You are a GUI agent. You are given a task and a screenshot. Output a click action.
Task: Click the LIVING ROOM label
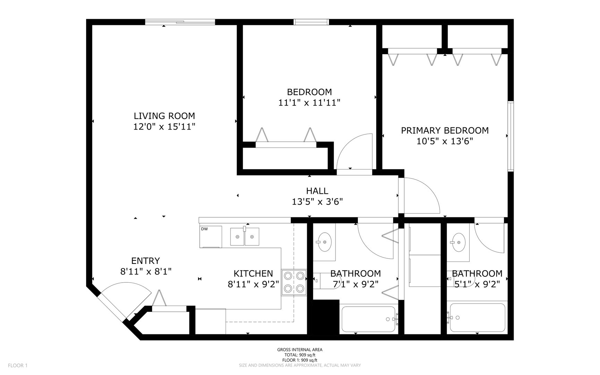(164, 116)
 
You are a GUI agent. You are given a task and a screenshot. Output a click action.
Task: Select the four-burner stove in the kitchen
(294, 283)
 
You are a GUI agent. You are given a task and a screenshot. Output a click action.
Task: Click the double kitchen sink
(245, 236)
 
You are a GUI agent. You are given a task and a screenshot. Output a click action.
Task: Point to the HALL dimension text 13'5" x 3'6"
(317, 202)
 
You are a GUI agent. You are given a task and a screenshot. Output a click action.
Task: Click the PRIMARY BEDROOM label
(445, 131)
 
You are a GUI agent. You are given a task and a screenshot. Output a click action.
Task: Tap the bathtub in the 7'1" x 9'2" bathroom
(369, 319)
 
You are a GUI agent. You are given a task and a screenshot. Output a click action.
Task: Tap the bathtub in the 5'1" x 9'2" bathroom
(478, 318)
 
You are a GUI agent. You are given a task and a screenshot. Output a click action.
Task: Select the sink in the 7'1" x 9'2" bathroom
(324, 242)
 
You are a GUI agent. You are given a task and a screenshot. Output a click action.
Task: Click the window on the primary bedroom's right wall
(510, 136)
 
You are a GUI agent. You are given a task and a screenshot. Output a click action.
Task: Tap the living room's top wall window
(180, 22)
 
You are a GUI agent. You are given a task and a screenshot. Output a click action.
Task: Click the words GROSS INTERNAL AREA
(300, 350)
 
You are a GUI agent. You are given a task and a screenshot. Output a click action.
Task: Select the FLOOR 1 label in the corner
(18, 365)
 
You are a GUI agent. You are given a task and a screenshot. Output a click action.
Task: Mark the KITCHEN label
(253, 274)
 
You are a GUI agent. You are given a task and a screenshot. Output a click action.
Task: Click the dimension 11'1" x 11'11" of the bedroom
(309, 103)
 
